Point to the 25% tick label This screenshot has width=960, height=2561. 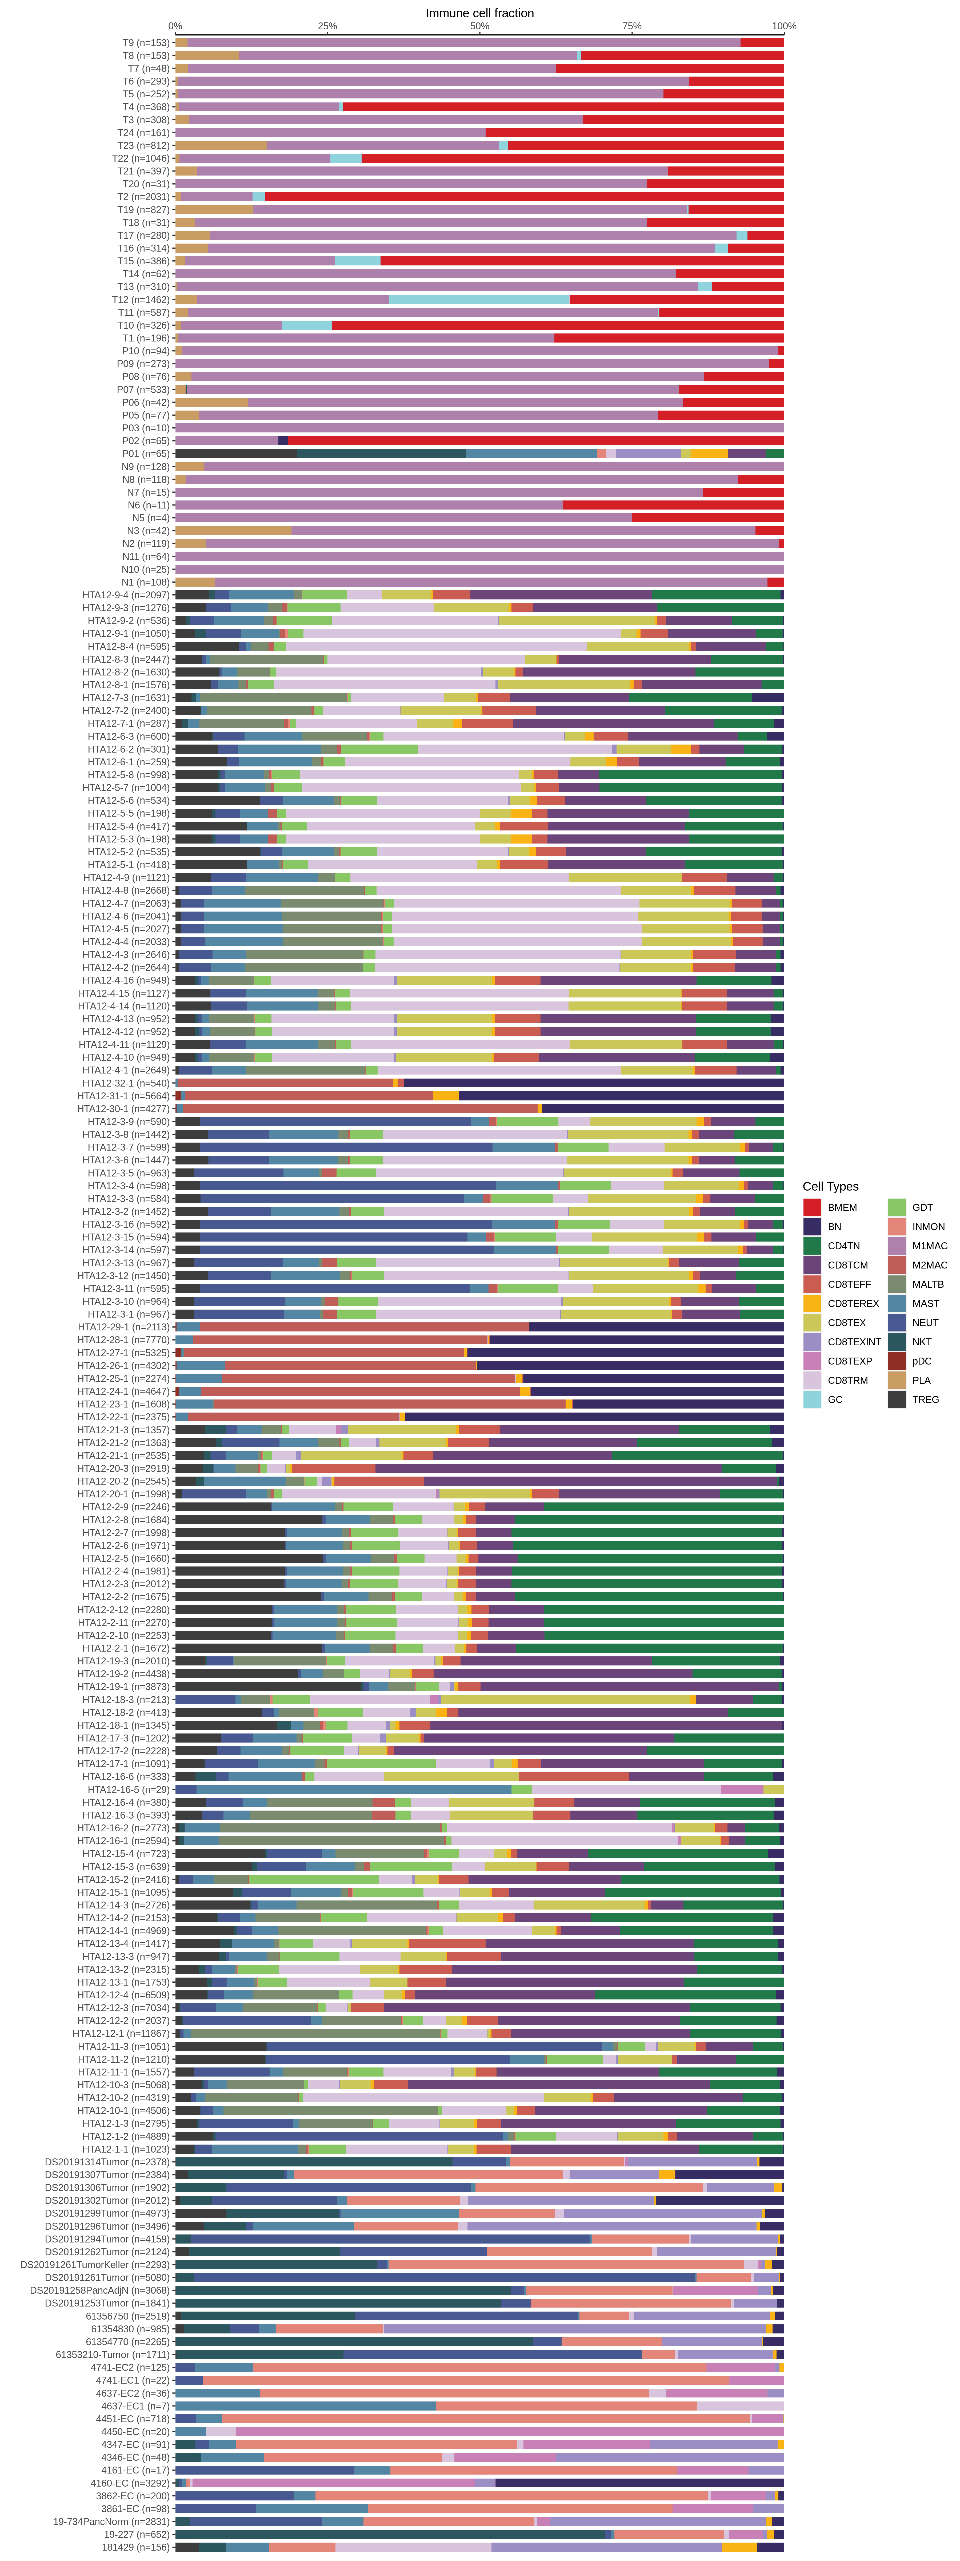coord(327,26)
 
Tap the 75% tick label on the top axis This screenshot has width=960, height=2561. coord(632,26)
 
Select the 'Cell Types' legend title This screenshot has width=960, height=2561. coord(830,1186)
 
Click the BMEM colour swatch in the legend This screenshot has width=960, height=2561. coord(812,1207)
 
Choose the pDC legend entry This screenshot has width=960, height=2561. coord(921,1361)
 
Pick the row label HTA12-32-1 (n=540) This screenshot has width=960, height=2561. coord(125,1083)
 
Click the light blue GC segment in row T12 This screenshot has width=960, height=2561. coord(479,299)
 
